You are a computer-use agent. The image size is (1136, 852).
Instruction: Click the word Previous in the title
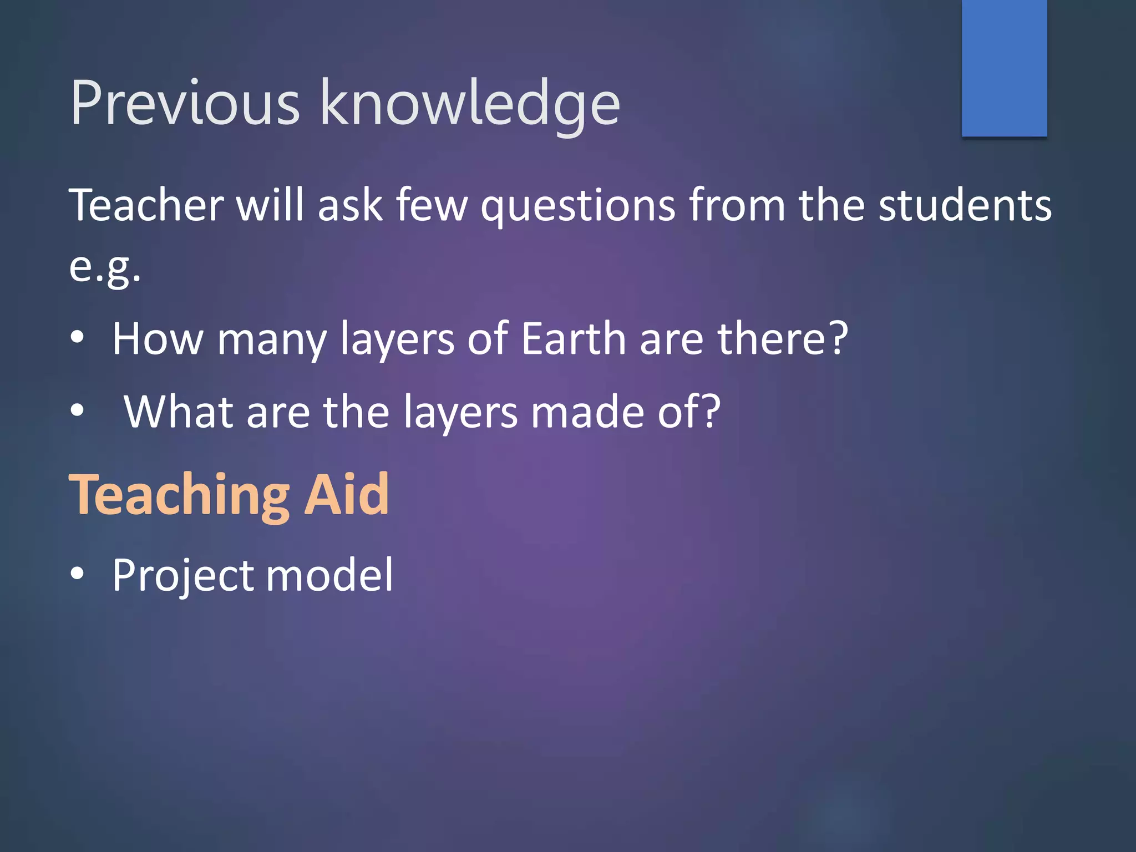[185, 103]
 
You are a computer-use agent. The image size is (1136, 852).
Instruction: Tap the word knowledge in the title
[470, 105]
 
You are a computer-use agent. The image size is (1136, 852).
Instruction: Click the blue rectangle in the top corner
[1004, 68]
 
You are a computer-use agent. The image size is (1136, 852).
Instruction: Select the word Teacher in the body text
[146, 205]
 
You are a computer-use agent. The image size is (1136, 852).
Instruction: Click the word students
[965, 205]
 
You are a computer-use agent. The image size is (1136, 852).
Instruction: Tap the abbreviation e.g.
[105, 268]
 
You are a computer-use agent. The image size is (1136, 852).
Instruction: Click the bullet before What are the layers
[78, 410]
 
